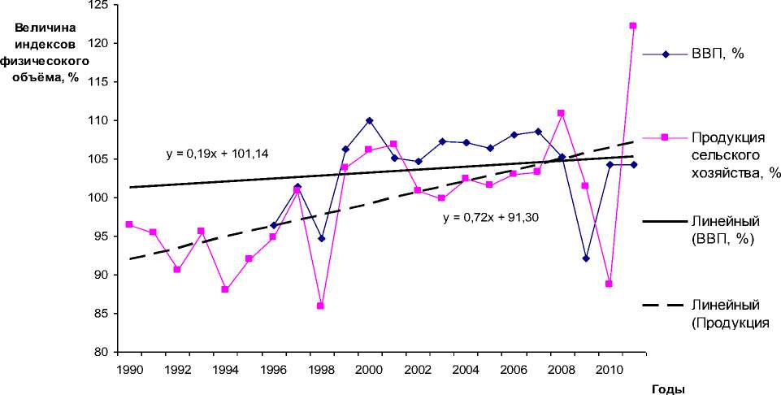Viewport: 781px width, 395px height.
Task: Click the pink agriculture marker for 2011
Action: click(632, 25)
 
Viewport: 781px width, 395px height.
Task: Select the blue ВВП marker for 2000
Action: click(369, 120)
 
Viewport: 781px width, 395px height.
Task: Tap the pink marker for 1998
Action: click(320, 306)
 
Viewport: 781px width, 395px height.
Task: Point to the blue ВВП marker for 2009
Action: click(585, 258)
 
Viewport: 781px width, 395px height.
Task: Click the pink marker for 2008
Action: click(561, 113)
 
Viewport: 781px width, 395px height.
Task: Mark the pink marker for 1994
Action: click(224, 289)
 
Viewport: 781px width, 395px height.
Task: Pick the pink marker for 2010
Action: click(609, 284)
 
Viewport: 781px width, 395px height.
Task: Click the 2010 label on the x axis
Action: click(610, 370)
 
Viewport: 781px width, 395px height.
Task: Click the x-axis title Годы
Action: click(666, 388)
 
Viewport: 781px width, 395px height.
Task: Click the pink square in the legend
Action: click(664, 137)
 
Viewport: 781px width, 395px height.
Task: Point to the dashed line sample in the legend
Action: click(664, 306)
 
